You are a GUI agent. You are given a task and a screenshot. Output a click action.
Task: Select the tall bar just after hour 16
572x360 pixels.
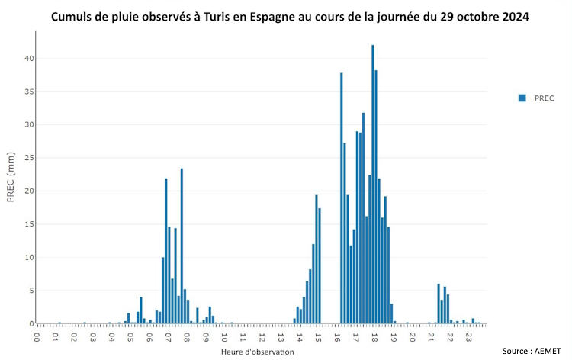click(x=342, y=198)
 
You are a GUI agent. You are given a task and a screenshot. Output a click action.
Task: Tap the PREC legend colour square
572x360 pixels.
click(x=522, y=98)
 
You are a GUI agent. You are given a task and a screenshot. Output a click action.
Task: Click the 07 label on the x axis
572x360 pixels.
click(x=168, y=336)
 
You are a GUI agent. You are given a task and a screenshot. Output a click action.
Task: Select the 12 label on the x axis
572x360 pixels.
click(x=262, y=336)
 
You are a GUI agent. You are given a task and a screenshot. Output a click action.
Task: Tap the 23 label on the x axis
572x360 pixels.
click(x=468, y=336)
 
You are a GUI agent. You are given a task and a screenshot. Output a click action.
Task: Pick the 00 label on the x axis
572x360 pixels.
click(x=37, y=336)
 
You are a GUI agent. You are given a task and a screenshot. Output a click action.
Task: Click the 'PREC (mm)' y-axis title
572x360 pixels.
click(x=11, y=181)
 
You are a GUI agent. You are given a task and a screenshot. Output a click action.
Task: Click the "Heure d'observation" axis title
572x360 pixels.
click(x=257, y=352)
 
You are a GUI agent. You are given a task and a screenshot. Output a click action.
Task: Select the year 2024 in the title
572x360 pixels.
click(x=511, y=17)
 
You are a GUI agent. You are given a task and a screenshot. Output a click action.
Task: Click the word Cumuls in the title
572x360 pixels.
click(x=72, y=17)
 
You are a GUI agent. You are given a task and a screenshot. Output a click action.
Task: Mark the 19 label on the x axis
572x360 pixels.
click(x=393, y=336)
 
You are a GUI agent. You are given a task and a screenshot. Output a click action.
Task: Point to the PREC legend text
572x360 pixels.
click(x=545, y=98)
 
